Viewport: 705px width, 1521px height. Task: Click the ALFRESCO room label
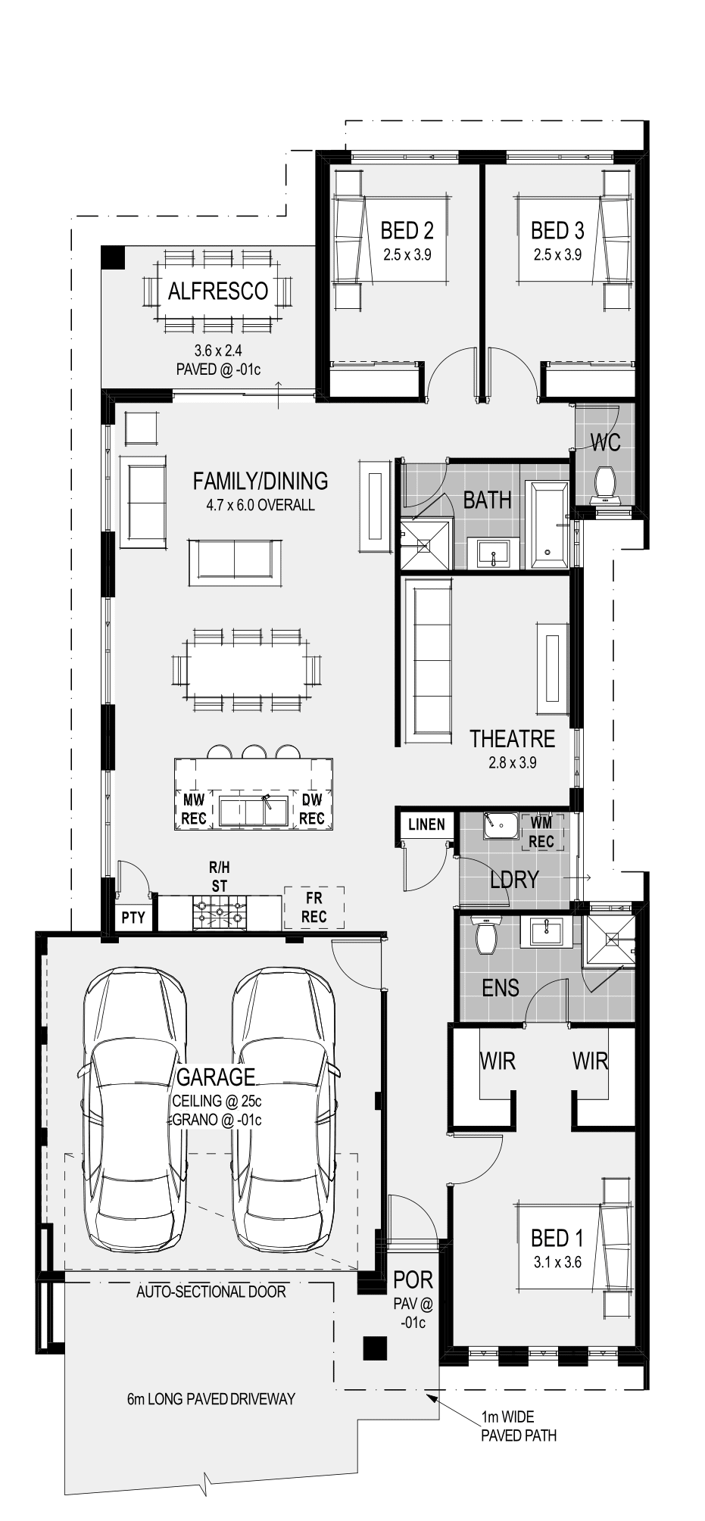click(x=218, y=291)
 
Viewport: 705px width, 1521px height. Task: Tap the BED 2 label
click(x=407, y=229)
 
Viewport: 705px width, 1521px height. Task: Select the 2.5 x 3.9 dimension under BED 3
click(x=557, y=254)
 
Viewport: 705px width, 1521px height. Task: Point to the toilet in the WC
click(x=605, y=484)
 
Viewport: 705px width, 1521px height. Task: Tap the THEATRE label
click(x=512, y=738)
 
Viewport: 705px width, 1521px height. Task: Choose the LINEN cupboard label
click(x=426, y=824)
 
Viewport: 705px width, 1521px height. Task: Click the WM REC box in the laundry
click(x=541, y=831)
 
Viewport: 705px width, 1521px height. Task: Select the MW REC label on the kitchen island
click(x=194, y=809)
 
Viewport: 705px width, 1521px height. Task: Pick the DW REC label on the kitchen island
click(x=312, y=809)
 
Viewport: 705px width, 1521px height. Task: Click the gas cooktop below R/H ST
click(x=220, y=912)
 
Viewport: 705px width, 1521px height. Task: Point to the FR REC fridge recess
click(x=314, y=907)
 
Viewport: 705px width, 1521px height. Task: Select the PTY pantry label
click(x=133, y=918)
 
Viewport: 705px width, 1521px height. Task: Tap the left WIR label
click(x=498, y=1061)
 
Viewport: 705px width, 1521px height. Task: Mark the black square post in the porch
click(x=375, y=1349)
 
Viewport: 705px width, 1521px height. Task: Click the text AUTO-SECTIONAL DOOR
click(x=211, y=1291)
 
